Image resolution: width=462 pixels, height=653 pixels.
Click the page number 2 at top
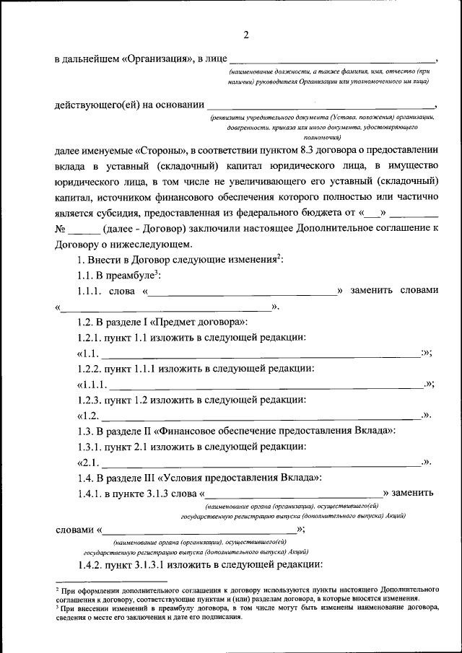coord(245,35)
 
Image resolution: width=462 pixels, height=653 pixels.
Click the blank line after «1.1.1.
coord(266,386)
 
